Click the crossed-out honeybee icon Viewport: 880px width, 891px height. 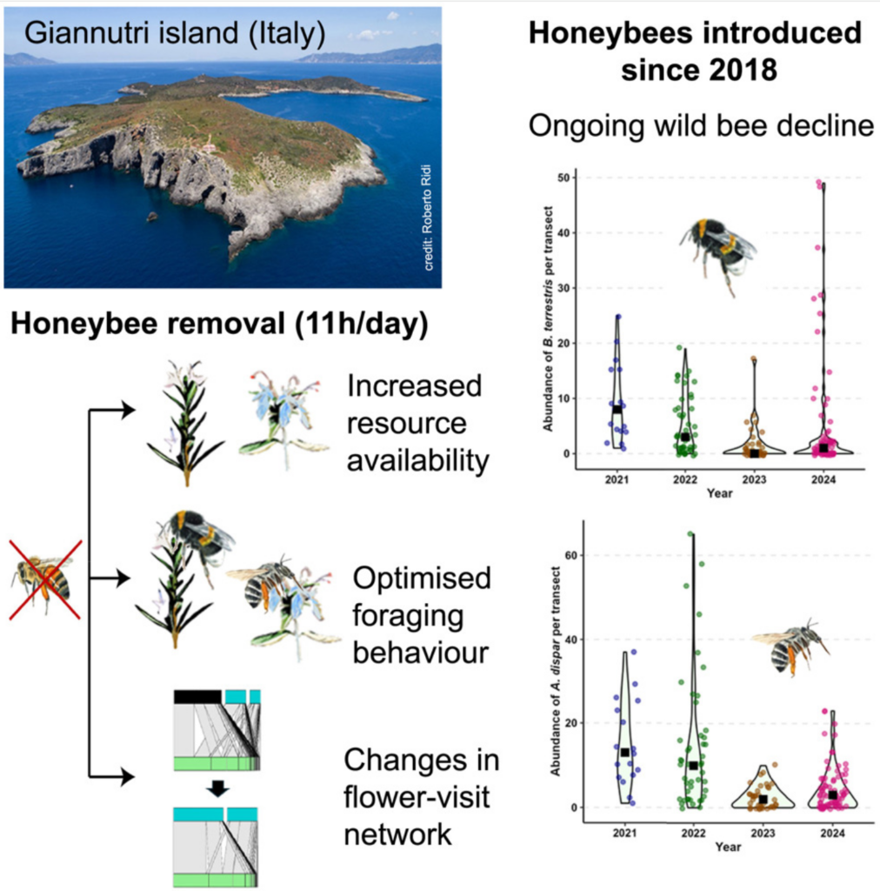[45, 579]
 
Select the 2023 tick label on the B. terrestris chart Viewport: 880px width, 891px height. [754, 479]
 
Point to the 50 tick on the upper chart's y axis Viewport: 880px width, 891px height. [563, 178]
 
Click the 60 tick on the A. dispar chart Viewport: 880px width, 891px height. [571, 555]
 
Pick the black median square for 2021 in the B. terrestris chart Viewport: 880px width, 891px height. [617, 409]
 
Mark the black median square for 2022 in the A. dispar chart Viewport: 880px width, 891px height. [693, 766]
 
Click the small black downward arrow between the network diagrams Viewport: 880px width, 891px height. [217, 788]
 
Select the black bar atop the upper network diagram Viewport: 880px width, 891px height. [197, 697]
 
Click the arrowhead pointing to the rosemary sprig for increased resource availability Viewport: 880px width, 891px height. [129, 409]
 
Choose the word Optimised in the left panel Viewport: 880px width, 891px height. [422, 579]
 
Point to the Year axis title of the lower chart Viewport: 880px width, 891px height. [728, 847]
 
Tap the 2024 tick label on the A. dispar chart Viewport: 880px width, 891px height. [832, 833]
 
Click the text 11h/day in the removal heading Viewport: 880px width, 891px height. [361, 325]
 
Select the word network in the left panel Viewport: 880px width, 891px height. [398, 834]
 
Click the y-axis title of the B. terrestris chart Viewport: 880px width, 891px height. [548, 318]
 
